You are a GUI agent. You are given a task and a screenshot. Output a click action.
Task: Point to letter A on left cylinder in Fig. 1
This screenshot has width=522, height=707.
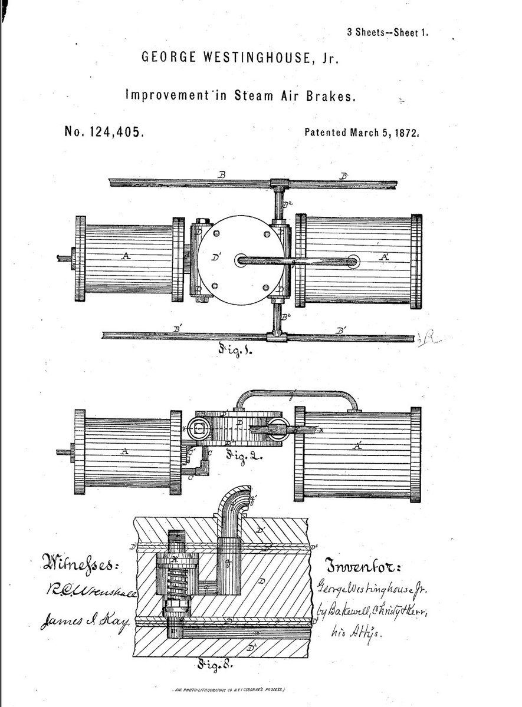[125, 256]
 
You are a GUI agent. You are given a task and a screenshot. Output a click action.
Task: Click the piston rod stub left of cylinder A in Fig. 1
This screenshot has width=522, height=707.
[64, 257]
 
